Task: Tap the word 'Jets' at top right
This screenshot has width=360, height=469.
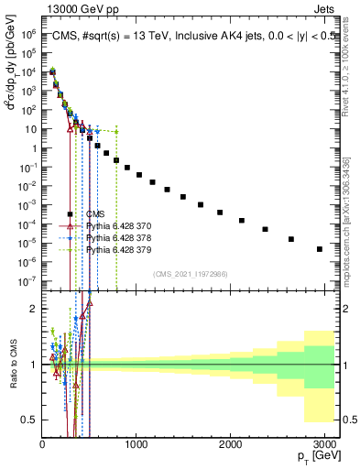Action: coord(325,8)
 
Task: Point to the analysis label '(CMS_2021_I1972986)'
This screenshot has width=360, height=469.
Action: coord(190,273)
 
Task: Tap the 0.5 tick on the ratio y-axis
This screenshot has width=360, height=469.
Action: coord(28,420)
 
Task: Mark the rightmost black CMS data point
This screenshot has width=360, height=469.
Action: coord(319,249)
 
